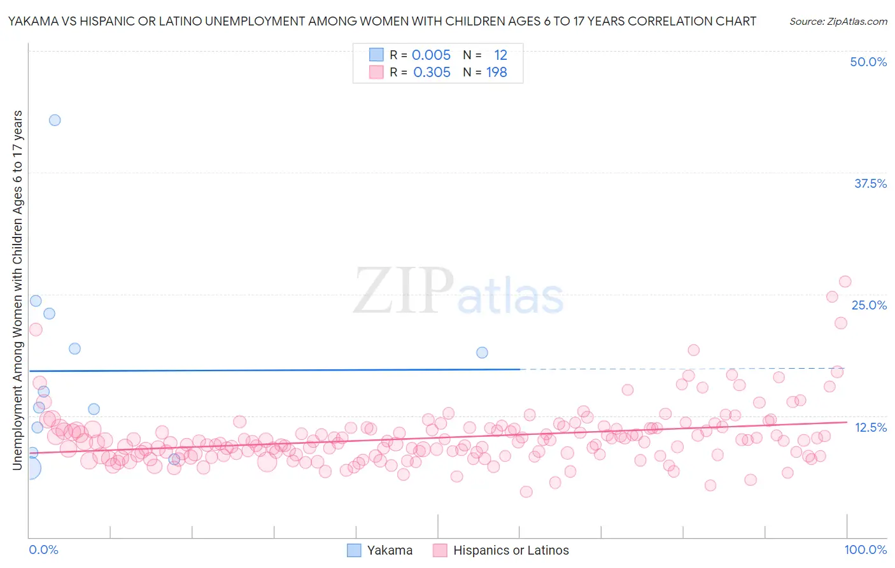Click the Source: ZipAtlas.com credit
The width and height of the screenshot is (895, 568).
point(838,21)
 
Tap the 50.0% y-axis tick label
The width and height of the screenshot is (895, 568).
point(868,62)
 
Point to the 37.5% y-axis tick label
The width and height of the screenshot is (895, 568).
point(870,183)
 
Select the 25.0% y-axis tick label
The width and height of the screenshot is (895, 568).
point(869,305)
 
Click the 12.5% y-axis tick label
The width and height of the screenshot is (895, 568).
point(870,427)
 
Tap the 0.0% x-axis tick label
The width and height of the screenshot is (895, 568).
point(43,550)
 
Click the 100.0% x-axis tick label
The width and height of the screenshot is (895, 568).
point(865,550)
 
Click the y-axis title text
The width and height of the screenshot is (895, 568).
point(17,290)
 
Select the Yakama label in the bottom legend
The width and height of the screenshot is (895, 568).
point(390,550)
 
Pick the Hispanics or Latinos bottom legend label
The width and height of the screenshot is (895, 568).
point(511,550)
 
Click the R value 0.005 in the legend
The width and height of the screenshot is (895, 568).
point(431,55)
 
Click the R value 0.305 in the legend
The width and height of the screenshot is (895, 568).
point(432,73)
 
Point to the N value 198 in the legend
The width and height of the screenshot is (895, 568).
point(497,73)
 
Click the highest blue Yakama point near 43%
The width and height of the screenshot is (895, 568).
point(55,120)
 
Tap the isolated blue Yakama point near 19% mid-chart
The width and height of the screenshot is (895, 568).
point(482,353)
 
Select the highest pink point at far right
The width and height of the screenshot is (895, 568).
point(845,281)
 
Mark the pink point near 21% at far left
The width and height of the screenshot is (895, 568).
point(36,329)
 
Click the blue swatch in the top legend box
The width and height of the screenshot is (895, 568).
point(376,55)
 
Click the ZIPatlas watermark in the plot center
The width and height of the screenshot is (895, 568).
point(458,292)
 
